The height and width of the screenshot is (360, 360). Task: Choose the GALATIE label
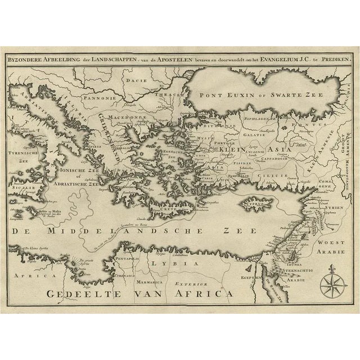255,134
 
